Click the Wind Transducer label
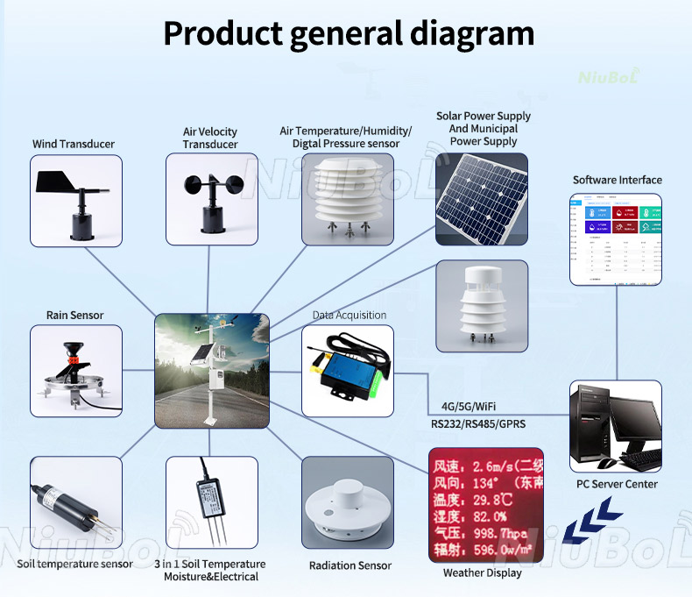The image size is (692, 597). (74, 144)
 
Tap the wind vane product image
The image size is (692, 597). (75, 199)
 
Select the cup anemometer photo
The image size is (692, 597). (210, 199)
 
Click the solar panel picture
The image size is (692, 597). (482, 199)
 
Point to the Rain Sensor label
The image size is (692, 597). (75, 315)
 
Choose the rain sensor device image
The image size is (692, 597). (75, 371)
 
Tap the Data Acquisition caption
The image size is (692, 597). (350, 315)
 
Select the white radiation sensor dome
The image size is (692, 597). (347, 502)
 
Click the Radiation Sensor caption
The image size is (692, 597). (350, 565)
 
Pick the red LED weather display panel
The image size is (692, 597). (482, 504)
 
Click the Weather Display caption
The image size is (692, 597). (482, 572)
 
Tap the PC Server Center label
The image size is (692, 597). (617, 484)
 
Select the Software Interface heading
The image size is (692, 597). (617, 180)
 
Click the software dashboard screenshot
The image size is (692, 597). (616, 238)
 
